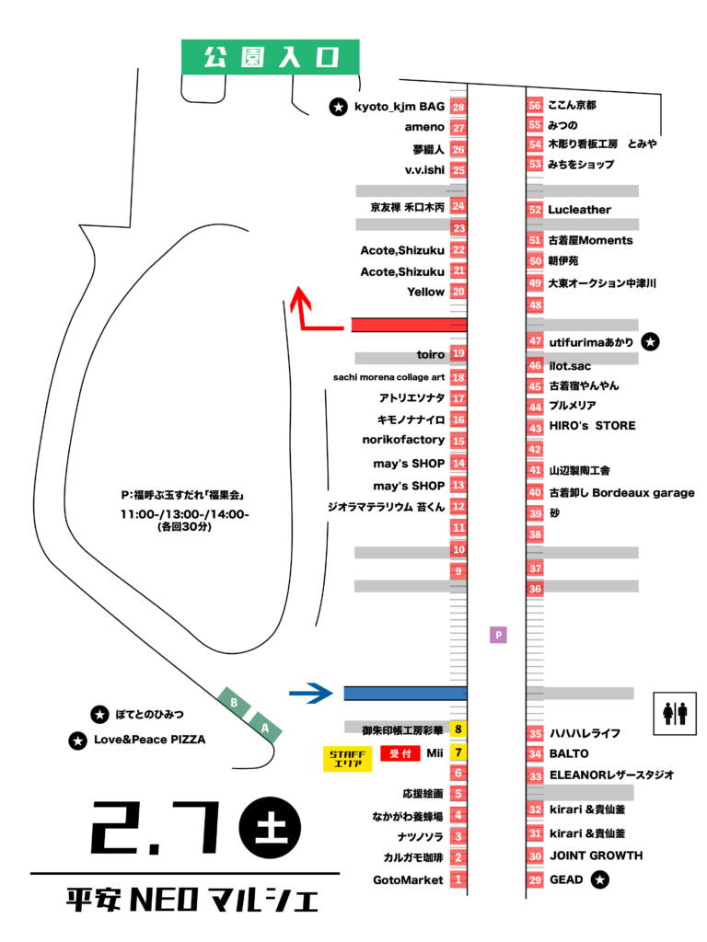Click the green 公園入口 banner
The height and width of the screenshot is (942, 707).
click(x=269, y=57)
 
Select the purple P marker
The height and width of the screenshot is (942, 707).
click(x=498, y=635)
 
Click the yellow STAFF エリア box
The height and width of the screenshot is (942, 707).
click(x=347, y=758)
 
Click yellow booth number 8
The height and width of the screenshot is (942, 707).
click(x=458, y=730)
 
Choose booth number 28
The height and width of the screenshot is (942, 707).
click(x=458, y=108)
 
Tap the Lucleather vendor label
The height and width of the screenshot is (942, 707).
click(x=579, y=210)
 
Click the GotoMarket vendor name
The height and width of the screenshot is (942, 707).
click(x=409, y=880)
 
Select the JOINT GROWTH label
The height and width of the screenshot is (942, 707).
click(x=596, y=856)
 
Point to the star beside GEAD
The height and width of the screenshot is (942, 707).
click(x=599, y=880)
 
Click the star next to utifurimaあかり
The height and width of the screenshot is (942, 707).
click(x=650, y=341)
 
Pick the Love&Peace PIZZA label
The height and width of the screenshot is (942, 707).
click(x=148, y=740)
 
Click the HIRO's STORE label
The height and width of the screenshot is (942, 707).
click(x=591, y=426)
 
